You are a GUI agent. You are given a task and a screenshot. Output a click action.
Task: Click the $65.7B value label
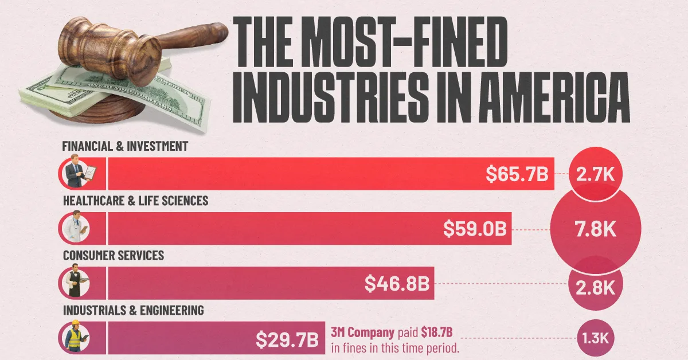click(517, 174)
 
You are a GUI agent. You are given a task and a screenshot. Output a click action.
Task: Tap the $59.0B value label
click(475, 229)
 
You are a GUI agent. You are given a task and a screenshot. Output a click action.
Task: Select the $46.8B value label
click(398, 284)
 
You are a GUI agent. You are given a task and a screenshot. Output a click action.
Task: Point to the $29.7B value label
click(287, 339)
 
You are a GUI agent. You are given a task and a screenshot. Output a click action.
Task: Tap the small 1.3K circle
click(596, 339)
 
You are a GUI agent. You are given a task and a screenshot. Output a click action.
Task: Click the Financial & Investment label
click(125, 146)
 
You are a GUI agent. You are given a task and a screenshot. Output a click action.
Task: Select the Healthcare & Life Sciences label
click(135, 201)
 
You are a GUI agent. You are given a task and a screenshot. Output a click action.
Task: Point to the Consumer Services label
click(114, 256)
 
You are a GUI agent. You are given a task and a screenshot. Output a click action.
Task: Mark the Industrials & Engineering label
click(133, 311)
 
